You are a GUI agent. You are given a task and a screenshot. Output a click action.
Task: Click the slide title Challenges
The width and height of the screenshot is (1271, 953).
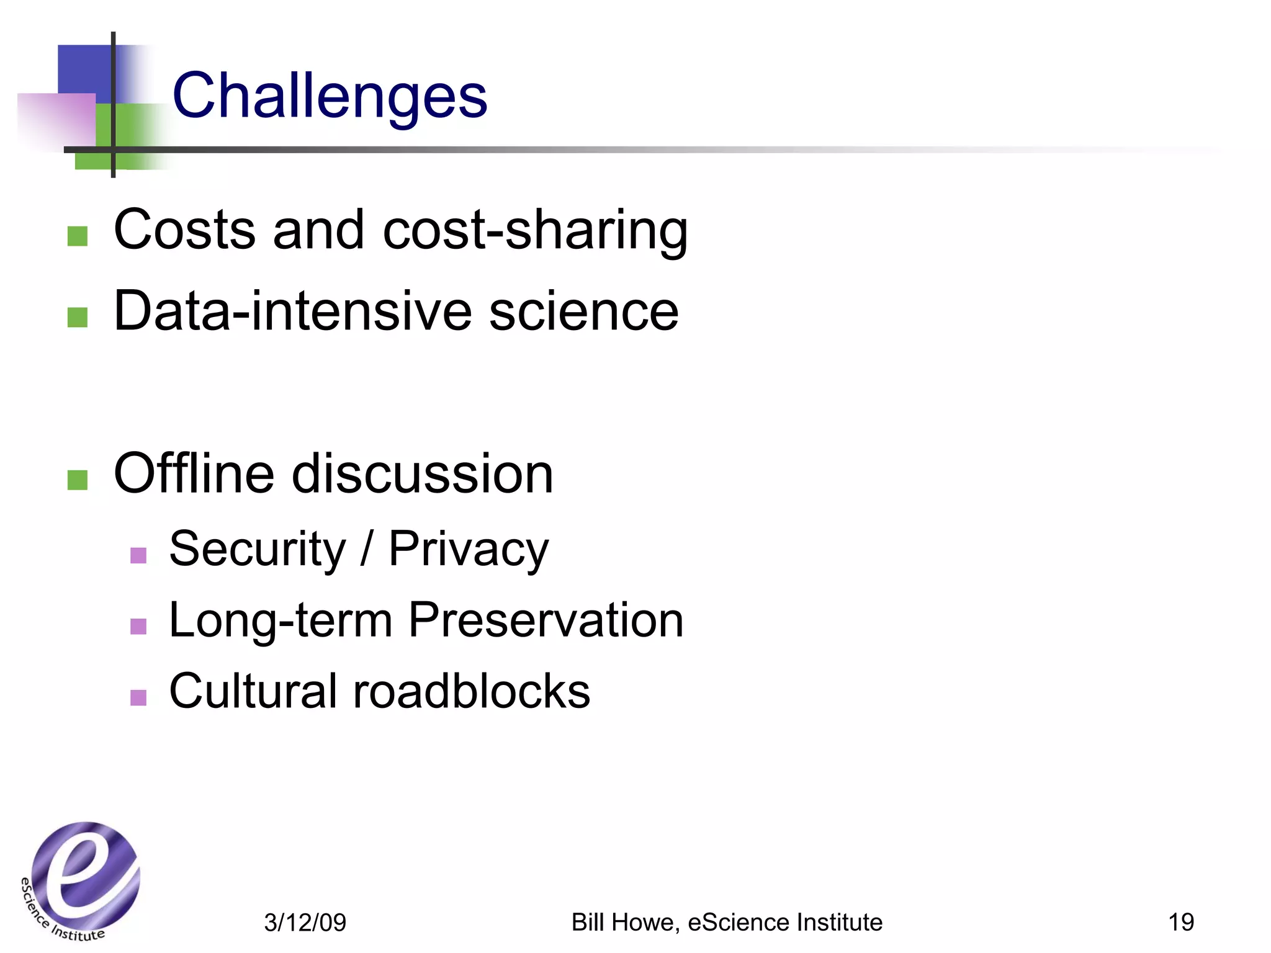pyautogui.click(x=330, y=96)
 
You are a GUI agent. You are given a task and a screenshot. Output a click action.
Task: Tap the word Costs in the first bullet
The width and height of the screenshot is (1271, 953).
pyautogui.click(x=184, y=230)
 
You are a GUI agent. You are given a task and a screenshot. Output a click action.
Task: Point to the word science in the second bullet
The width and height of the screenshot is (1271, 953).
pyautogui.click(x=583, y=311)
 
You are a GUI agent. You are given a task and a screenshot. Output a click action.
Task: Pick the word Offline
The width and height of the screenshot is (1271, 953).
pyautogui.click(x=194, y=473)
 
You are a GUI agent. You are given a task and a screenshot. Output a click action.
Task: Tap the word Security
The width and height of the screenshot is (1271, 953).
pyautogui.click(x=257, y=550)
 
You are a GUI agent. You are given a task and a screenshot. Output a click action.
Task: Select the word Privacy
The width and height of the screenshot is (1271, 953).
pyautogui.click(x=469, y=550)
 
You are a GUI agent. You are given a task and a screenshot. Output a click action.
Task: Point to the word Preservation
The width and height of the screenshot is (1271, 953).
pyautogui.click(x=546, y=620)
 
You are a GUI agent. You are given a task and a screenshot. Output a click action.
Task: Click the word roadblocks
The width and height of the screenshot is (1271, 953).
pyautogui.click(x=472, y=691)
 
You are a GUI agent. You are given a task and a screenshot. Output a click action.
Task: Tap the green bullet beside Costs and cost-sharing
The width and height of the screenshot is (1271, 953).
pyautogui.click(x=78, y=236)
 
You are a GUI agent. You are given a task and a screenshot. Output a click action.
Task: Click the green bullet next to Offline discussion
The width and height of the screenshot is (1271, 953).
pyautogui.click(x=78, y=480)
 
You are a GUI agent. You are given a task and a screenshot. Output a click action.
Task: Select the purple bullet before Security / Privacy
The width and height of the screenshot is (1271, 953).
pyautogui.click(x=138, y=555)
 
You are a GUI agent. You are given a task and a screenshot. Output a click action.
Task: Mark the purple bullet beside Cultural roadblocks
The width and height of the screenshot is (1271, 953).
pyautogui.click(x=138, y=697)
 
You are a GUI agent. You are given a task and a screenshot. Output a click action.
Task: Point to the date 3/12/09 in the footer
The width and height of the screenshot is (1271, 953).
pyautogui.click(x=305, y=923)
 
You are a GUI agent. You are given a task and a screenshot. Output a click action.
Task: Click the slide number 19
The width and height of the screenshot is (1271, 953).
pyautogui.click(x=1180, y=922)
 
